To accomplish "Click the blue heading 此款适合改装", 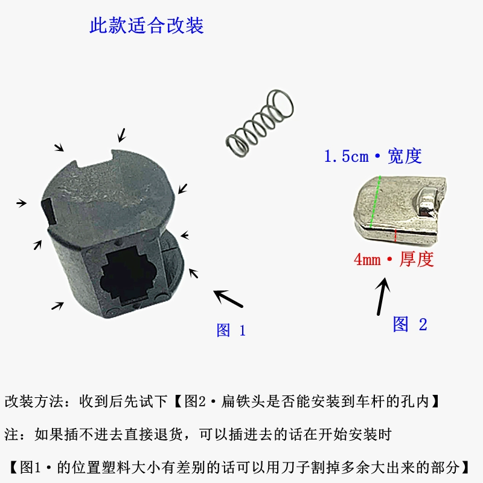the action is tap(147, 25).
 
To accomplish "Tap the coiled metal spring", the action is tap(260, 123).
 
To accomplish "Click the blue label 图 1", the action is tap(231, 330).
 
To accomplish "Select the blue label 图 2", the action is tap(410, 324).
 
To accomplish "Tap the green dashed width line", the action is tap(375, 202).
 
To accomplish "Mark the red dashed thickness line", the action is tap(395, 235).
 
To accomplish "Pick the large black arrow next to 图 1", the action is tap(228, 299).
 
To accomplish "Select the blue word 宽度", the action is tap(405, 156).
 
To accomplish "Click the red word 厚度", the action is tap(417, 259).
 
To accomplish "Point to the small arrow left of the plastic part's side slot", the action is tap(21, 203).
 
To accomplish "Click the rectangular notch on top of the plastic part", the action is tap(94, 159).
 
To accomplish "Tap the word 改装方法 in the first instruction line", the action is tap(34, 401).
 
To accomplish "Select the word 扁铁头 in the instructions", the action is tap(243, 401).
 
